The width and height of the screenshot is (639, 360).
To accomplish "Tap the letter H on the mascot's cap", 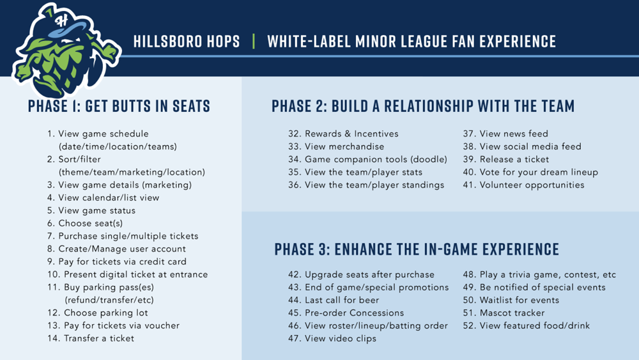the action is [62, 20].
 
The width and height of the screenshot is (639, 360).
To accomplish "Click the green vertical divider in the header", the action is [254, 41].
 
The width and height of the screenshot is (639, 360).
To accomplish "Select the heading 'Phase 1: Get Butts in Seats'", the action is [119, 106].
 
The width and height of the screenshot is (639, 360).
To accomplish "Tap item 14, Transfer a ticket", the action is [91, 338].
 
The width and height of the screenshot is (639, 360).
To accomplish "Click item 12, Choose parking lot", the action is [97, 313].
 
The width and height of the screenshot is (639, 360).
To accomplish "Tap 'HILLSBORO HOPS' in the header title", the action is [187, 41].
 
